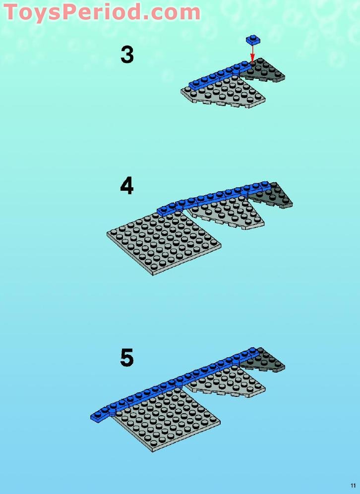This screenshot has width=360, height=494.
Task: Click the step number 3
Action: pyautogui.click(x=127, y=55)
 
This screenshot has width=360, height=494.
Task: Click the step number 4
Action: pyautogui.click(x=127, y=186)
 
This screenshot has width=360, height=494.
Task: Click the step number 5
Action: pyautogui.click(x=127, y=358)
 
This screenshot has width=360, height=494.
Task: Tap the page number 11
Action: pyautogui.click(x=353, y=486)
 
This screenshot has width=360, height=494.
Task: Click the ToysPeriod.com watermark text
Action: pyautogui.click(x=102, y=12)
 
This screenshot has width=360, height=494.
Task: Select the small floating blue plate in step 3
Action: pyautogui.click(x=253, y=39)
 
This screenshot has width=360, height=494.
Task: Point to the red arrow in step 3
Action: pyautogui.click(x=252, y=53)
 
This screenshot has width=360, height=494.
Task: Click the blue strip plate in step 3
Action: pyautogui.click(x=221, y=75)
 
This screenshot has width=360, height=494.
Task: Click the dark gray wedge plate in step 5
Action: pyautogui.click(x=263, y=361)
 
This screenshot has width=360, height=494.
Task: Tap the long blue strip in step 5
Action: pyautogui.click(x=175, y=384)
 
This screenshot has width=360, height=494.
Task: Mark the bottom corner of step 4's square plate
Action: pyautogui.click(x=153, y=275)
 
